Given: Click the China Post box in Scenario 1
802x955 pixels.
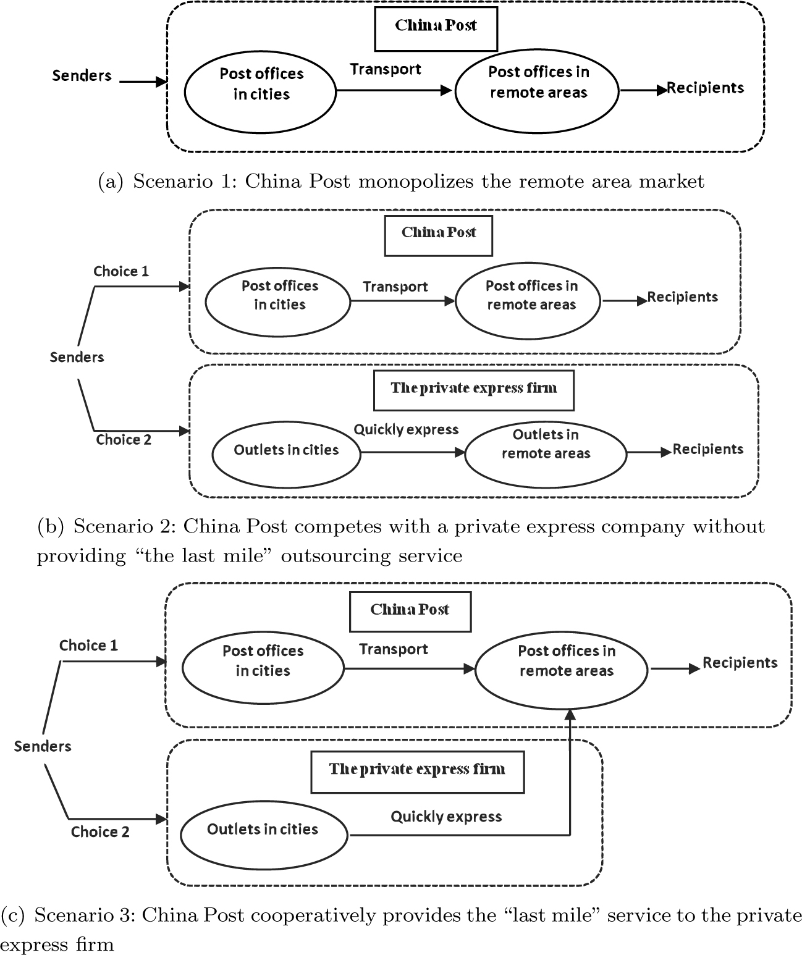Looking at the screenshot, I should [x=436, y=28].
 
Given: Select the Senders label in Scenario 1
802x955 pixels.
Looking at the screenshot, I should [x=82, y=76].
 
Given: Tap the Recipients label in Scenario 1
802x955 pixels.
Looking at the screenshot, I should [x=706, y=88].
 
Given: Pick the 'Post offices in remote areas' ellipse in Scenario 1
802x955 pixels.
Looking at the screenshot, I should [x=537, y=91].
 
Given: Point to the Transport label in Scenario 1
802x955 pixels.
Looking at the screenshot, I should [x=386, y=69].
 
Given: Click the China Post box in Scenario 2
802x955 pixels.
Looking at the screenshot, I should [x=438, y=235].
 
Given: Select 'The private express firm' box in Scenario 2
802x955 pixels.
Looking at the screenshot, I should [x=473, y=390].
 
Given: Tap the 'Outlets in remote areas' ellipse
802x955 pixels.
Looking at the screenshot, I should [x=545, y=452].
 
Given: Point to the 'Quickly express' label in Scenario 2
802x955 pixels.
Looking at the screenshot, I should [x=406, y=430].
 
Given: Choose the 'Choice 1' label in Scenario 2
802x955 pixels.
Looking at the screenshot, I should [x=121, y=271].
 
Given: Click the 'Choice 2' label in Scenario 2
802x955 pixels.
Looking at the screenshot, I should [x=124, y=440].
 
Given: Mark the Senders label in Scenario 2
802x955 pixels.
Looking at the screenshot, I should [x=77, y=357].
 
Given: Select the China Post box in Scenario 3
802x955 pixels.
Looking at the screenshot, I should [x=410, y=611].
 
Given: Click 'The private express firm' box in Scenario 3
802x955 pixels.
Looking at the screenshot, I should [x=417, y=771].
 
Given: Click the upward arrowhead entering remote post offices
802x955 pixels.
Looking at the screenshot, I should [x=570, y=715].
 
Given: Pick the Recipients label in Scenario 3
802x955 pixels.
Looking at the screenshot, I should [x=740, y=663].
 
